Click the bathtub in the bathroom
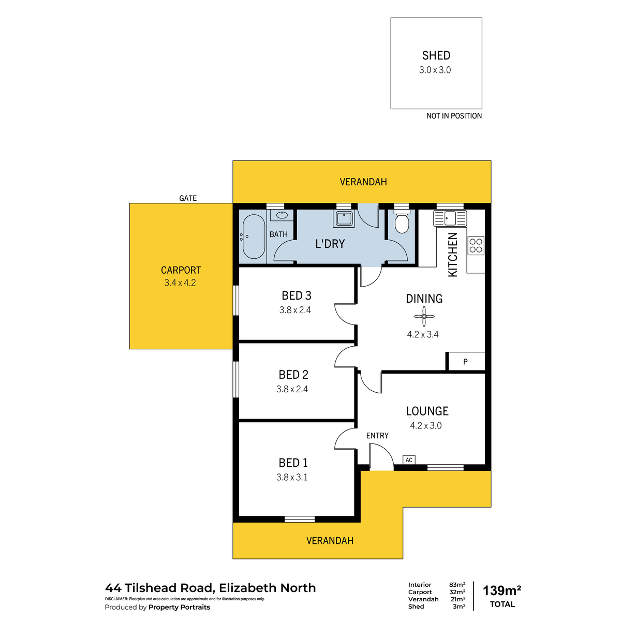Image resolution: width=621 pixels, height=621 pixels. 254,236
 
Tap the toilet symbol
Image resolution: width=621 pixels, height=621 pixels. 402,221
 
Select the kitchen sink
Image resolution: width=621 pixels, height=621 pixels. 450,218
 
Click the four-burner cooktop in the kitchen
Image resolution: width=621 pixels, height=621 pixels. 476,246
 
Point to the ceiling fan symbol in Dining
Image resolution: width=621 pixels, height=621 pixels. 424,316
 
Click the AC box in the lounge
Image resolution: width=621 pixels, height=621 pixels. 409,460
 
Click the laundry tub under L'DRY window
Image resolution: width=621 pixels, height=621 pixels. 344,218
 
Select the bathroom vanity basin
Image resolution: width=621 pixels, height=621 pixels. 282,215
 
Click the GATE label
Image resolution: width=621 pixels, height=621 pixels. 188,198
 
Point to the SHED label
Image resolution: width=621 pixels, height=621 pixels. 436,55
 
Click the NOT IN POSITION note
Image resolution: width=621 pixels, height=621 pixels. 454,116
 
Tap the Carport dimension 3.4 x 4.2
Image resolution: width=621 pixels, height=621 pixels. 180,283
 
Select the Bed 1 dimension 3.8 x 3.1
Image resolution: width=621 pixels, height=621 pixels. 292,477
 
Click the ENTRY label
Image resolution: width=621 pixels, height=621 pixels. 377,436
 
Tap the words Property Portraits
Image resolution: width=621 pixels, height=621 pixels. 179,607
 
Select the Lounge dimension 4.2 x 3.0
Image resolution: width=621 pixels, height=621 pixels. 425,425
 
